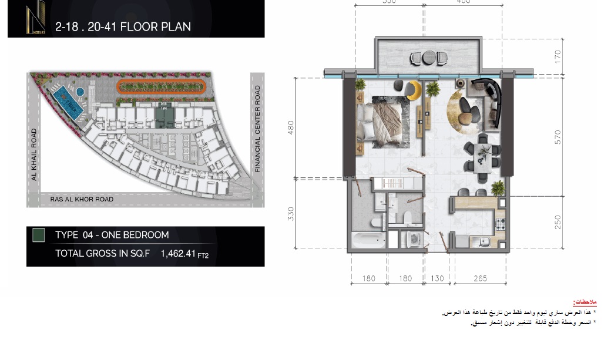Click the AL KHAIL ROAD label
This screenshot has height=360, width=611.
34,154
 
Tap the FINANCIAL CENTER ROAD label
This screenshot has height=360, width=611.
257,129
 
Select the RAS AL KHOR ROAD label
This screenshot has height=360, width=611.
78,200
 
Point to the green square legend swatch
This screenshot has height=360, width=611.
38,235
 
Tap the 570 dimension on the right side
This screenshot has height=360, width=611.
558,137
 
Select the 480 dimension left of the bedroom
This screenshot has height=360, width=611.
290,128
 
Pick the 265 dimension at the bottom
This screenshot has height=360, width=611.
480,278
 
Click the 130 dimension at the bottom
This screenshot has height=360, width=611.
437,278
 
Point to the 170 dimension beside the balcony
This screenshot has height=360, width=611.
558,57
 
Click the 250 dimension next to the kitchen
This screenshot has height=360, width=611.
558,221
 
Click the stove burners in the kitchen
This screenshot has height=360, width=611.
501,223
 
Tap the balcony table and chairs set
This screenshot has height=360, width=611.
427,58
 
